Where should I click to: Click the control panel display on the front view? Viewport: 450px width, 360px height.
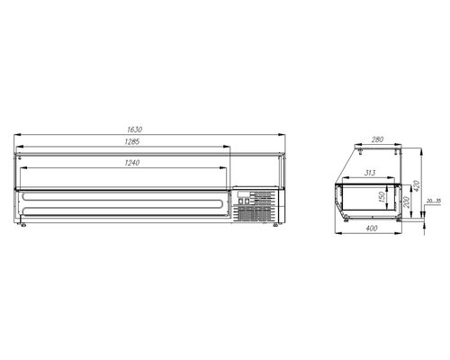(x=244, y=194)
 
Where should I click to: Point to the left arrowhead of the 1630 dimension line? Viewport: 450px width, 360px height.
(x=17, y=136)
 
